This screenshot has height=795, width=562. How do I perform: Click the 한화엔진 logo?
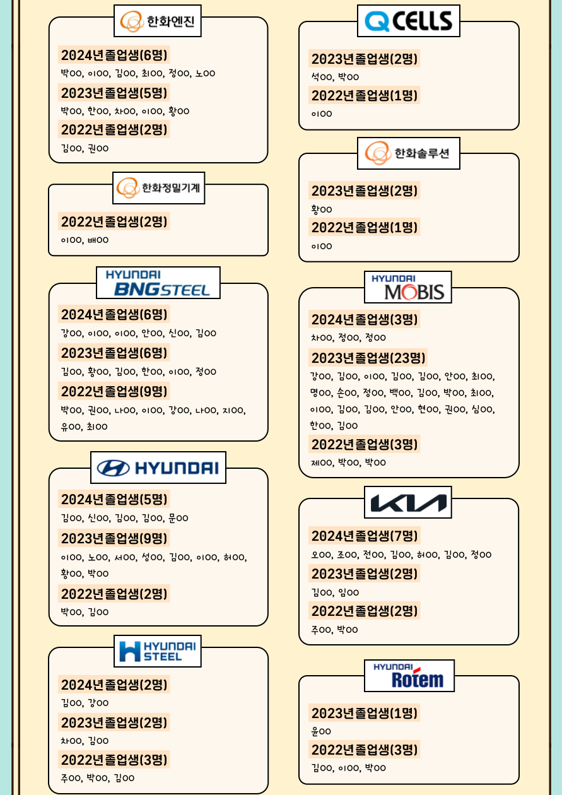click(x=157, y=21)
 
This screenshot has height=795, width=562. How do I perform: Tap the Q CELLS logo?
click(x=408, y=21)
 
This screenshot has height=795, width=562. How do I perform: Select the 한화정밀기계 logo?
click(x=158, y=188)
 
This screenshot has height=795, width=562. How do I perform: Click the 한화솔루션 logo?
click(x=408, y=153)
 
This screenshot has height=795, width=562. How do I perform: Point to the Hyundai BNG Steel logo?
click(x=158, y=283)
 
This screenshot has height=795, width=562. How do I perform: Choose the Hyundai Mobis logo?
click(x=407, y=287)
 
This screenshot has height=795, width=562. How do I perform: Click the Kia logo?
click(x=407, y=502)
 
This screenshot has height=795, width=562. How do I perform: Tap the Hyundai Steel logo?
click(x=157, y=651)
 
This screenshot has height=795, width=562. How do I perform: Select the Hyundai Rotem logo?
click(x=409, y=676)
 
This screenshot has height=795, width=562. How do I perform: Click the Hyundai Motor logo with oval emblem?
click(x=158, y=468)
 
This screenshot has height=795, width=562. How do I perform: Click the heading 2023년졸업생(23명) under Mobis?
click(x=368, y=358)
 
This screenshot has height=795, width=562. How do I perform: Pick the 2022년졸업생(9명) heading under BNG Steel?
click(x=114, y=391)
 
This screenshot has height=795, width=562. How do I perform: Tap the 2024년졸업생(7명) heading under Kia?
click(x=365, y=536)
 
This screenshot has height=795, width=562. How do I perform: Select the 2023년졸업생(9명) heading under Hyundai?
click(x=114, y=538)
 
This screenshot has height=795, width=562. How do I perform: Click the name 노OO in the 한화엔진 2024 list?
click(x=206, y=73)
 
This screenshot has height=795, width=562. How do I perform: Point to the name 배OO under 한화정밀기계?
click(x=98, y=240)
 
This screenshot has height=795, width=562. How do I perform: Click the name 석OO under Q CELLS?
click(x=322, y=77)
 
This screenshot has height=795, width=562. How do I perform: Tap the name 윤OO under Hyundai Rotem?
click(x=321, y=731)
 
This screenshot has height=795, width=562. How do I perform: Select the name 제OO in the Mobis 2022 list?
click(x=322, y=463)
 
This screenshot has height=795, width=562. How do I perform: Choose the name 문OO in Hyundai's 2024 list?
click(x=178, y=518)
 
